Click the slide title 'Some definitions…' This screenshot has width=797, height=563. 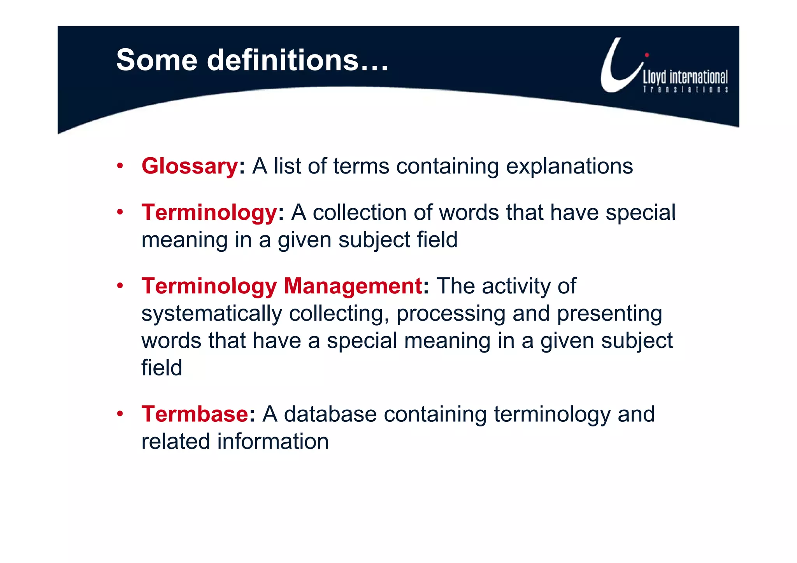(252, 60)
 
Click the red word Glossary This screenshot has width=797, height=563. (190, 166)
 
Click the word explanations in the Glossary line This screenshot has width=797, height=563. (569, 166)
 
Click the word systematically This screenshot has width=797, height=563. (211, 314)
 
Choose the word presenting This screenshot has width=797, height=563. (609, 314)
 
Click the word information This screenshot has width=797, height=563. (273, 441)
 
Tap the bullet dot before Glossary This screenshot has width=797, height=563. (120, 166)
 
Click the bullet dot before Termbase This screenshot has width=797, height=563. (120, 414)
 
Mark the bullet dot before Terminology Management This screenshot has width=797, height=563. (120, 286)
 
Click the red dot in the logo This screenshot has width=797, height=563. (647, 55)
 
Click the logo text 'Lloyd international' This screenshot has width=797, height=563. (685, 77)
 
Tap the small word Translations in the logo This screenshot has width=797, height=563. (685, 89)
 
